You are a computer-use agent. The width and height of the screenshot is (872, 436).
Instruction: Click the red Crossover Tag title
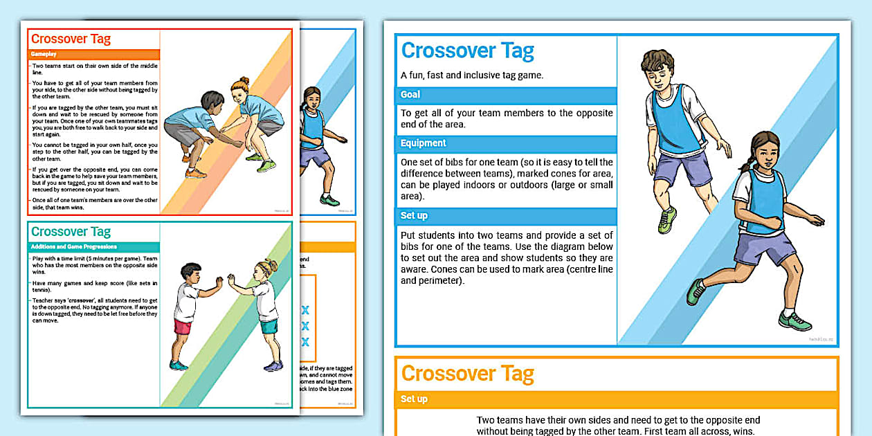pyautogui.click(x=71, y=39)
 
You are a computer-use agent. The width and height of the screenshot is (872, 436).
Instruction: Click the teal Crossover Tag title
pyautogui.click(x=71, y=232)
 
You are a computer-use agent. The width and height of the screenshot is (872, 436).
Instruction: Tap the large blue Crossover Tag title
pyautogui.click(x=468, y=51)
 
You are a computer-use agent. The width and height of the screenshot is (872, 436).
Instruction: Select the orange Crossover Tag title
pyautogui.click(x=468, y=374)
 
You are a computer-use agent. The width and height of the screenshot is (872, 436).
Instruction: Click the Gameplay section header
pyautogui.click(x=44, y=54)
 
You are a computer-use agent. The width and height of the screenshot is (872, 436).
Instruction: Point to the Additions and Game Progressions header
pyautogui.click(x=74, y=247)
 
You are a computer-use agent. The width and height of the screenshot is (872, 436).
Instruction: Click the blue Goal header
pyautogui.click(x=410, y=95)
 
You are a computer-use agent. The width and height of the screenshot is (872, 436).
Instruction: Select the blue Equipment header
pyautogui.click(x=424, y=143)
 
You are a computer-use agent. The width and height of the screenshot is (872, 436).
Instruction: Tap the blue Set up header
pyautogui.click(x=414, y=216)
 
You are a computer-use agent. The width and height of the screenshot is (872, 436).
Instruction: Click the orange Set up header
pyautogui.click(x=414, y=399)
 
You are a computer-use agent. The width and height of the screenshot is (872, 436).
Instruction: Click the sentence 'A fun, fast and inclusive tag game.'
pyautogui.click(x=472, y=75)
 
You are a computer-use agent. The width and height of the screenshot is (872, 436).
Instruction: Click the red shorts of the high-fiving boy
pyautogui.click(x=183, y=327)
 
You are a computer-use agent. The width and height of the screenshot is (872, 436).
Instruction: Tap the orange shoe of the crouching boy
pyautogui.click(x=196, y=173)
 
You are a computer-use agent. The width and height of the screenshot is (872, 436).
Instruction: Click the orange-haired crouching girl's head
pyautogui.click(x=241, y=88)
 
